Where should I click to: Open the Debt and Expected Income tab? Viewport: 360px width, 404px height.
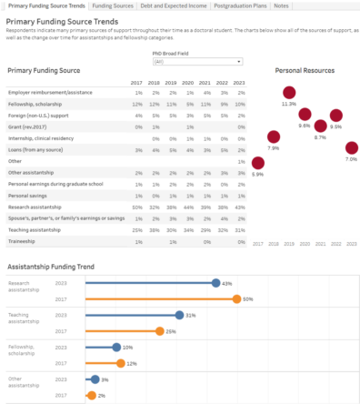(x=172, y=5)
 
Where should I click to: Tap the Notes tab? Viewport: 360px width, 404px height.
(x=282, y=5)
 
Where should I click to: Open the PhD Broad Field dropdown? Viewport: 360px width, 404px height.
(x=196, y=62)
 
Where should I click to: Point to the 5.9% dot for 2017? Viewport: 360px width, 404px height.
(x=257, y=161)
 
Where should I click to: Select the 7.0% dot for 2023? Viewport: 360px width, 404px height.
(x=352, y=146)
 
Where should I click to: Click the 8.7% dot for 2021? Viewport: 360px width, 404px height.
(x=320, y=125)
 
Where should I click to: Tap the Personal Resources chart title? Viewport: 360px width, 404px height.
(x=304, y=69)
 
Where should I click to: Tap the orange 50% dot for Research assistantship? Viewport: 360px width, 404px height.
(x=236, y=298)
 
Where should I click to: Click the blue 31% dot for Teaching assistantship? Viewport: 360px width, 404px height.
(x=179, y=315)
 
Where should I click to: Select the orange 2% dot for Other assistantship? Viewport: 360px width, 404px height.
(x=91, y=395)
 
